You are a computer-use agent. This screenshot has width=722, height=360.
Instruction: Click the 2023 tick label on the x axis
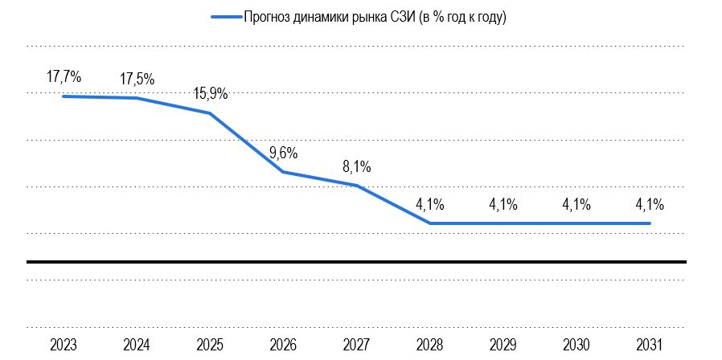pos(64,345)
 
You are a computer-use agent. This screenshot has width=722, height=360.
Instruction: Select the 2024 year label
pos(137,345)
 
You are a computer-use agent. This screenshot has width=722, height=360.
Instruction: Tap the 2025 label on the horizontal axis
pos(210,345)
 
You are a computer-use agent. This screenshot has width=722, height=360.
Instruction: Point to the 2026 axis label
pos(283,345)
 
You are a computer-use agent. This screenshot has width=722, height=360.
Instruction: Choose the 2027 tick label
pos(356,345)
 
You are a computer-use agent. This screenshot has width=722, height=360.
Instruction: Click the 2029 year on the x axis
pos(503,345)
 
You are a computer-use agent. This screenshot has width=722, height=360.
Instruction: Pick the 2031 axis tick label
pos(649,345)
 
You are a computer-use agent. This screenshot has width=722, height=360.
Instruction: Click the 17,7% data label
pos(64,77)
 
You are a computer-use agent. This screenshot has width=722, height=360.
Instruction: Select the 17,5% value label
pos(137,80)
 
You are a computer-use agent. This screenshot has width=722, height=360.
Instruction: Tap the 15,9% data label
pos(210,94)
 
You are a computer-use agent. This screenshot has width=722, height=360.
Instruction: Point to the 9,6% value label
pos(283,153)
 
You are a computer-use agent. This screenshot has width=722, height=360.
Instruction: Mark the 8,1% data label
pos(356,167)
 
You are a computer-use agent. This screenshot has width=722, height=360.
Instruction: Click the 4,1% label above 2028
pos(429,204)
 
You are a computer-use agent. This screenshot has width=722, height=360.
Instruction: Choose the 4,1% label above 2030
pos(576,204)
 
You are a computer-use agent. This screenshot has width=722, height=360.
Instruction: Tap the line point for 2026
pos(283,172)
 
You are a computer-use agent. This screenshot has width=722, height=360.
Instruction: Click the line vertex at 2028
pos(430,223)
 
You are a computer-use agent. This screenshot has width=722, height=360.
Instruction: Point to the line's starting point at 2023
pos(64,96)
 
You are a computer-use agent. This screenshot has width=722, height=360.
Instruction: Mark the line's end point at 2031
pos(649,223)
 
